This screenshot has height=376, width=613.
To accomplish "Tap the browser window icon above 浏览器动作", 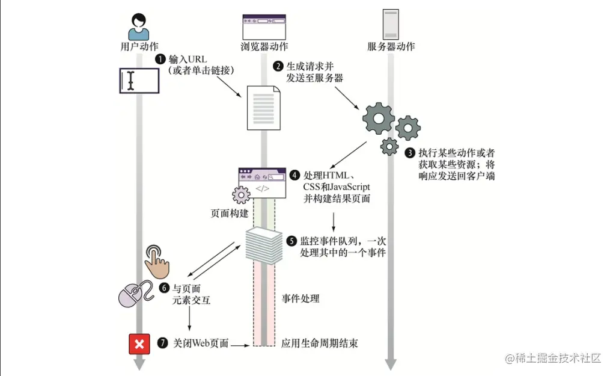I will click(x=263, y=27).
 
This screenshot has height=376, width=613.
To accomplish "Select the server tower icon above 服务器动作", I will click(x=390, y=25).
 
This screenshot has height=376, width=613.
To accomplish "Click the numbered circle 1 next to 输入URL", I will click(x=160, y=59).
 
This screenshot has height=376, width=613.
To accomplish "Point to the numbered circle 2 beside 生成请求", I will click(x=278, y=66).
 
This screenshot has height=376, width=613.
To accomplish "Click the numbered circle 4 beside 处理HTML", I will click(x=294, y=175).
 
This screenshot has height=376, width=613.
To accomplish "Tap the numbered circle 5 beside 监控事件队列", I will click(x=291, y=241).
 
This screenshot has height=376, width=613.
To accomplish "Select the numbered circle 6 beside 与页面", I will click(x=164, y=288).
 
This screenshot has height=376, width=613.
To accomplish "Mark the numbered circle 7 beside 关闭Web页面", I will click(x=162, y=344).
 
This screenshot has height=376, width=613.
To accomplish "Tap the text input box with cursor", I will click(x=139, y=81).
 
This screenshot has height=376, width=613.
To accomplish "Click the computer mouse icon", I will click(x=133, y=295).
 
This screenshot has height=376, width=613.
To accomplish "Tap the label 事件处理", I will click(x=300, y=299).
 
